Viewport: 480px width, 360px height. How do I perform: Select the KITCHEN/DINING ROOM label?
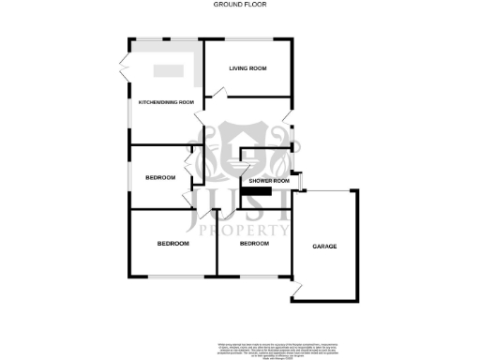pos(166,101)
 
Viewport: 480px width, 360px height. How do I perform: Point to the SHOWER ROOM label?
pos(267,179)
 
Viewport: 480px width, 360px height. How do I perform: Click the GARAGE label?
pos(324,246)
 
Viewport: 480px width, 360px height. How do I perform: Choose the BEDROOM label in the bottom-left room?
pos(172,243)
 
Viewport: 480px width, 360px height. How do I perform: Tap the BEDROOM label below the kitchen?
pos(161,178)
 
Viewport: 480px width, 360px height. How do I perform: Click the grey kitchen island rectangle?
pos(169,69)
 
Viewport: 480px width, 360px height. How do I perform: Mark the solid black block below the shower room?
pos(256,191)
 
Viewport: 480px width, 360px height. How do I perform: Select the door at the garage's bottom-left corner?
pos(296,298)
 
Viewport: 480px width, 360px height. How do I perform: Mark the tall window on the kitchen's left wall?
pos(129,117)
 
